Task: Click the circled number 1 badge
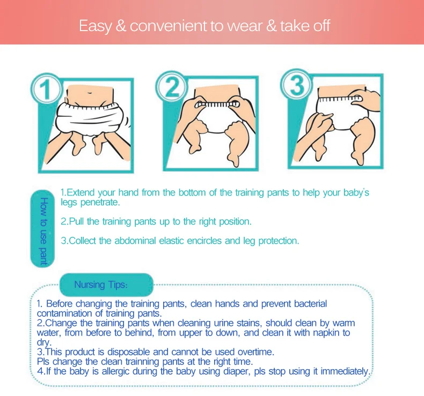point(46,88)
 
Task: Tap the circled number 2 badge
point(171,86)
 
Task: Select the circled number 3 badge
point(297,85)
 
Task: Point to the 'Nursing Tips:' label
point(100,285)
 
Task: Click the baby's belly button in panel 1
point(89,93)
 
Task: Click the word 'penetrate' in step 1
point(99,203)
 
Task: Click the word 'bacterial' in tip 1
point(310,304)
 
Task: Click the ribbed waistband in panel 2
point(217,104)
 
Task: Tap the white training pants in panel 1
point(89,119)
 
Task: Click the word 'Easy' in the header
point(95,26)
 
